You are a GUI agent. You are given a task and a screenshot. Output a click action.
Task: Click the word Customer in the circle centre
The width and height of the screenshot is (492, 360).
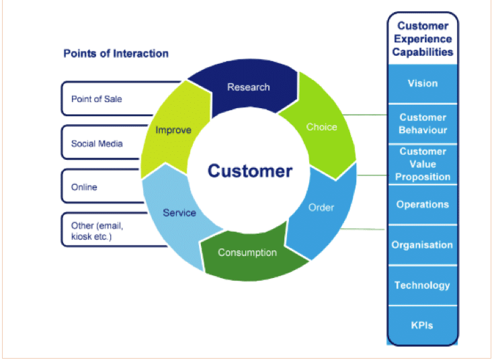[250, 171]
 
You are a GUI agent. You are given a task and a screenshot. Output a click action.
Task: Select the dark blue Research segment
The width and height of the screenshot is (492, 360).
[248, 87]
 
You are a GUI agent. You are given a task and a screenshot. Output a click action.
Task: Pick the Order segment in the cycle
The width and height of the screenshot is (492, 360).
[321, 208]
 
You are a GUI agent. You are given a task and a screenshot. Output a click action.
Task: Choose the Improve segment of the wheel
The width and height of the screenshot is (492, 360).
[173, 130]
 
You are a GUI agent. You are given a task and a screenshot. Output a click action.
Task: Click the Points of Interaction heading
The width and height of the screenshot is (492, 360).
[116, 53]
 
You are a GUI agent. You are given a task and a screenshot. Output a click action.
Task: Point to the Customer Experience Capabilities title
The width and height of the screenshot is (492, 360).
[423, 38]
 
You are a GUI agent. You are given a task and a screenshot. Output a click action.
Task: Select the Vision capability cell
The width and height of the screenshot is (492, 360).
[423, 83]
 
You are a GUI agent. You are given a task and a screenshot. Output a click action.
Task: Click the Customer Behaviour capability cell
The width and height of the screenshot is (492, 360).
[423, 124]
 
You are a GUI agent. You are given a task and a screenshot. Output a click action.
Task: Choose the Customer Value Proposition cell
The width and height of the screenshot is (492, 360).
[423, 164]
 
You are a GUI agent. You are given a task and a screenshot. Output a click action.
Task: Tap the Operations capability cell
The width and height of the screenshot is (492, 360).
[423, 204]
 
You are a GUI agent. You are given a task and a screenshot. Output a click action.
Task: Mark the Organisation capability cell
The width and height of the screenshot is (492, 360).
[423, 245]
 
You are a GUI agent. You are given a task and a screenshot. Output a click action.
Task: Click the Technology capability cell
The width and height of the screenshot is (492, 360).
[423, 285]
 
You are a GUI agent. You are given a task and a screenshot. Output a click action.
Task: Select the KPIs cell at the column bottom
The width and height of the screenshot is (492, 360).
[423, 326]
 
